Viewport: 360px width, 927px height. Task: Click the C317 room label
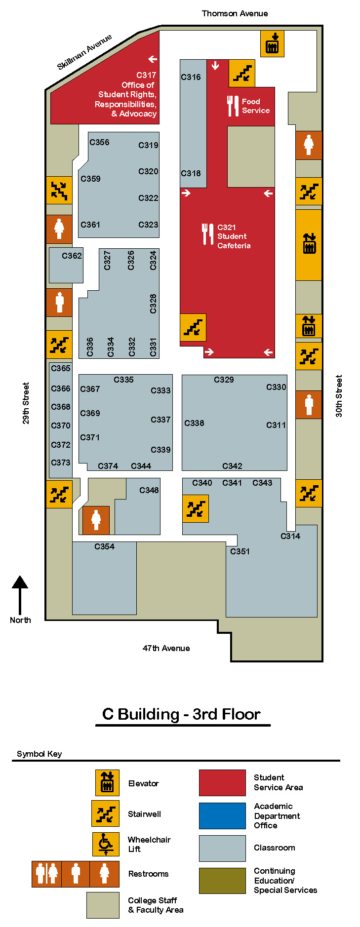(x=146, y=75)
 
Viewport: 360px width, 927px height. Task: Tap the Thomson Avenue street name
(x=235, y=13)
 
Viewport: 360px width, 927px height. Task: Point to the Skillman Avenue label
(x=84, y=52)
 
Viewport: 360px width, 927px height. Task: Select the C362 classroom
(x=66, y=265)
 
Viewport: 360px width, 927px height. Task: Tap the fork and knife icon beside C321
(x=207, y=234)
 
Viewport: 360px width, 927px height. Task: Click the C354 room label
(x=104, y=546)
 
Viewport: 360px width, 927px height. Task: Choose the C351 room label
(x=240, y=551)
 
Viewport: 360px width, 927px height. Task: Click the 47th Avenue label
(x=166, y=648)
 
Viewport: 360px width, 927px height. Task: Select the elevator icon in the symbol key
(x=107, y=782)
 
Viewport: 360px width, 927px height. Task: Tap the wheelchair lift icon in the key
(x=106, y=844)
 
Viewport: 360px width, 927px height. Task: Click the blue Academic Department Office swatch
(x=222, y=815)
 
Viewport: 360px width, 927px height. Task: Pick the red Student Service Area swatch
(x=222, y=782)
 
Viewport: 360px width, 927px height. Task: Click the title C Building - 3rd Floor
(x=181, y=714)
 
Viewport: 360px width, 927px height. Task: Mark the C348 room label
(x=149, y=490)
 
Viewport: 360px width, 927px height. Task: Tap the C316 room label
(x=191, y=77)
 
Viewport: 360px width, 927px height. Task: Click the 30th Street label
(x=339, y=396)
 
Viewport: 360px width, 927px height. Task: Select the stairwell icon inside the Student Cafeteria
(x=193, y=327)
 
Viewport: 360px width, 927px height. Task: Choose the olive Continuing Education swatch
(x=222, y=881)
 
